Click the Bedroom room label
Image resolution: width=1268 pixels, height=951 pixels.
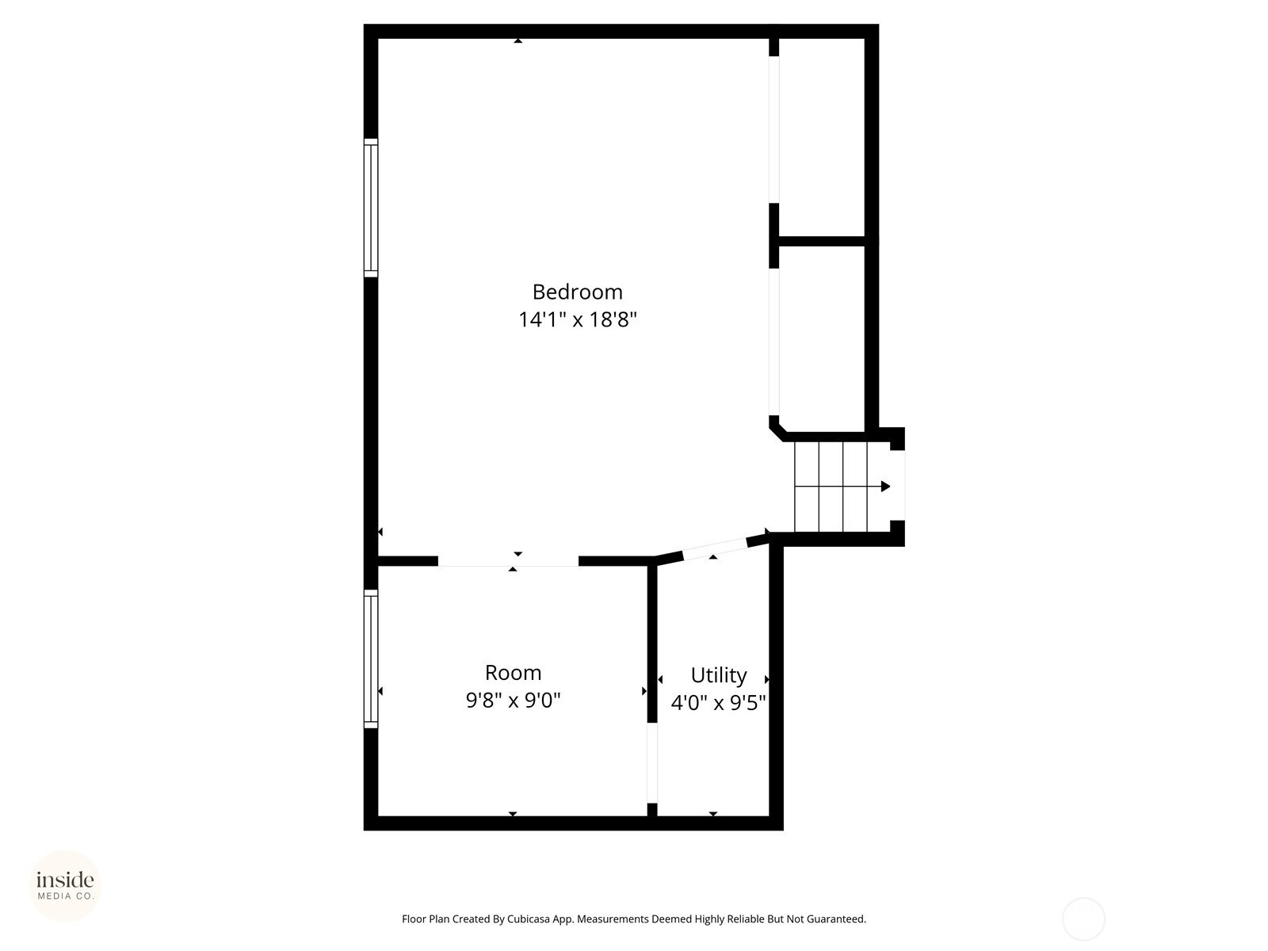tap(577, 292)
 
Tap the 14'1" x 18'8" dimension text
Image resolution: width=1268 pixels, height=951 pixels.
tap(577, 319)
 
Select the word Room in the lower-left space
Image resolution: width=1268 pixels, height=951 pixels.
tap(513, 673)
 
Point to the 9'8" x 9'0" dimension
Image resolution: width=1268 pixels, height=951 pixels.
tap(513, 701)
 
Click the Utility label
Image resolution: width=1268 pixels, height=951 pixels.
tap(719, 675)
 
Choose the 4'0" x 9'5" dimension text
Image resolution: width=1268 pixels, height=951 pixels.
tap(719, 703)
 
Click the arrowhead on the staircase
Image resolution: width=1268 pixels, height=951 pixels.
tap(885, 486)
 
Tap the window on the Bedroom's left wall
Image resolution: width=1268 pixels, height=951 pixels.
tap(371, 208)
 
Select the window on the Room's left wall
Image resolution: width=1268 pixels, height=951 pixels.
tap(371, 659)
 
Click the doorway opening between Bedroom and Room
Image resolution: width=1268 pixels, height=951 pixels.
tap(508, 561)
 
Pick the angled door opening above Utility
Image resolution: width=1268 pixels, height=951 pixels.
tap(715, 548)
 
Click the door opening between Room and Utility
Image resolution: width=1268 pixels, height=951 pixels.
tap(652, 762)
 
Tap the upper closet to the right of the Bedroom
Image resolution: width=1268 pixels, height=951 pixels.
tap(822, 137)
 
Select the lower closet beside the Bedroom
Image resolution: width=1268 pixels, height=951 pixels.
tap(822, 338)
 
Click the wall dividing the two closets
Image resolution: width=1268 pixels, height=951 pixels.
tap(822, 242)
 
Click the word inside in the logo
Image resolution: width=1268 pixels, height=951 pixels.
tap(65, 880)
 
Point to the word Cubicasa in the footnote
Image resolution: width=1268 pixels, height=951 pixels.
tap(529, 919)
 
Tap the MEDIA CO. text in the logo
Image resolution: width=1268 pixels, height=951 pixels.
tap(65, 896)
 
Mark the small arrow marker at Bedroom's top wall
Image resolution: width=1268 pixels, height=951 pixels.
tap(518, 40)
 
